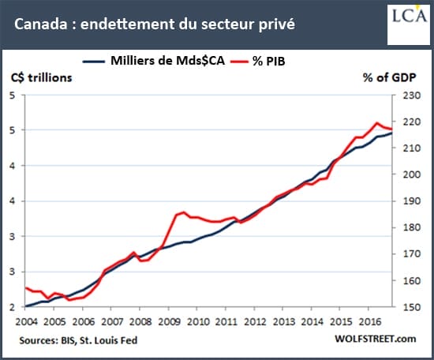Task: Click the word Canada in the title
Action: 41,24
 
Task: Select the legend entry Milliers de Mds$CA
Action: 154,61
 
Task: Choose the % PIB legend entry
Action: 258,61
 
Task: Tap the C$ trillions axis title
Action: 42,77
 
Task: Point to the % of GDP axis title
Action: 390,77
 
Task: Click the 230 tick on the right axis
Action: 412,96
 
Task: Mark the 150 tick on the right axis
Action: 412,307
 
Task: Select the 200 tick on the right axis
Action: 412,174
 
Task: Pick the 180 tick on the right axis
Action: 412,227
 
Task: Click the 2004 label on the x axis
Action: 26,322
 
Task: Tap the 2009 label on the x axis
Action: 169,322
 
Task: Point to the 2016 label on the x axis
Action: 370,322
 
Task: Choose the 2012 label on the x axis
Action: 255,322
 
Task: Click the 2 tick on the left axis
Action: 12,307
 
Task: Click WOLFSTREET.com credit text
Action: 376,339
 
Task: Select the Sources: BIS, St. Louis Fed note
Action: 78,340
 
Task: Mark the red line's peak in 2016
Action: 376,122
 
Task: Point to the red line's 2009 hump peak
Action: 184,212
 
